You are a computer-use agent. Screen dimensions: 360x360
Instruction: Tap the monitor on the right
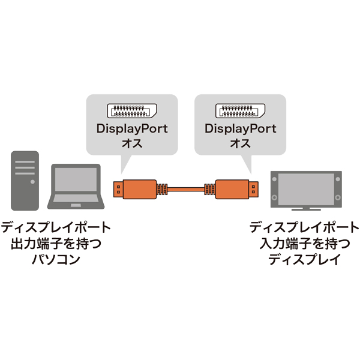[307, 188]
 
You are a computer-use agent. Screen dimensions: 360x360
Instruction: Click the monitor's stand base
[307, 209]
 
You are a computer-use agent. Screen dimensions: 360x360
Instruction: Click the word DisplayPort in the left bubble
[132, 129]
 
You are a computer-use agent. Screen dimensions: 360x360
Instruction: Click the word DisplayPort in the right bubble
[240, 129]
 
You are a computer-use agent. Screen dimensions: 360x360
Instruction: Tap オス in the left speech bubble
[132, 144]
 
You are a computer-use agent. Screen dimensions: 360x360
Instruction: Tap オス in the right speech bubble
[240, 144]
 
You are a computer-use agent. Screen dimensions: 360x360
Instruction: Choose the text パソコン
[56, 259]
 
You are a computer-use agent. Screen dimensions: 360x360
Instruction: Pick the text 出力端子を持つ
[56, 244]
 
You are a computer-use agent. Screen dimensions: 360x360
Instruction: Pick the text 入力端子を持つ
[304, 244]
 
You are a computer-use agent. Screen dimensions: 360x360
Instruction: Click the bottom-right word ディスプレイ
[304, 259]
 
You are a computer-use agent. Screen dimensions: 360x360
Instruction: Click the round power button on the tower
[25, 195]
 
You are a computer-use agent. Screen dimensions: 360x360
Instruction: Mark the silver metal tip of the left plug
[116, 190]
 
